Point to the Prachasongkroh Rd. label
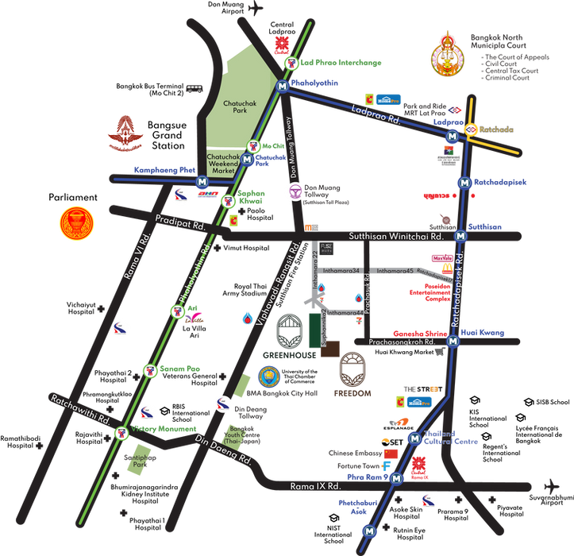pyautogui.click(x=403, y=342)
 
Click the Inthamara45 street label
pyautogui.click(x=395, y=271)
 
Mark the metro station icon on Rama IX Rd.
pyautogui.click(x=396, y=478)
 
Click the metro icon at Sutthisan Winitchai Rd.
pyautogui.click(x=460, y=235)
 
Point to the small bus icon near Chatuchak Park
pyautogui.click(x=194, y=89)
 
